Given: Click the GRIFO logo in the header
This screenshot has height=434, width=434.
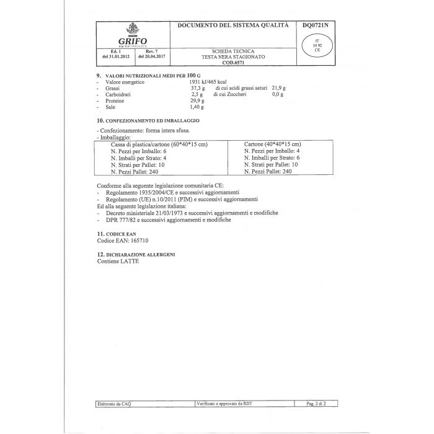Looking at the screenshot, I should point(131,35).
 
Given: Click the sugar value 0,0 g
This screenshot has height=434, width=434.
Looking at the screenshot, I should point(278,95).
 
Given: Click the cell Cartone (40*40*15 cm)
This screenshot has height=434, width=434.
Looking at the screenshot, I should point(273,144).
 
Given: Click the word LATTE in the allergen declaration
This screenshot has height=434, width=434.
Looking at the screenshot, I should point(130,261).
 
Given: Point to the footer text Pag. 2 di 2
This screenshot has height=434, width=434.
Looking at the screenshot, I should point(317,404).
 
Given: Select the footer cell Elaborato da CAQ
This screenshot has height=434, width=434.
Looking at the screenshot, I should point(114,404).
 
